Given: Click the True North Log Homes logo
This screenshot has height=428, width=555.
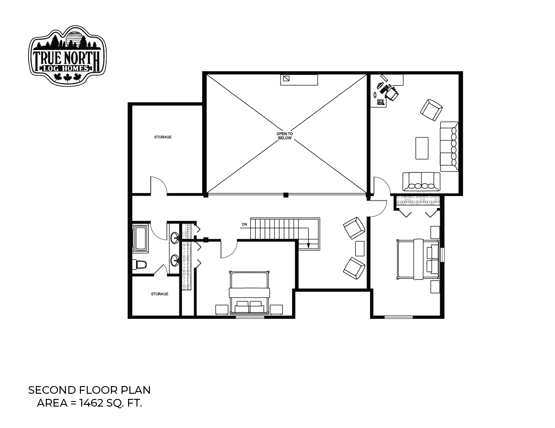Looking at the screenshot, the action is [x=67, y=56].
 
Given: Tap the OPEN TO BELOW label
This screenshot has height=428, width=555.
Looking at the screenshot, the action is [x=284, y=136].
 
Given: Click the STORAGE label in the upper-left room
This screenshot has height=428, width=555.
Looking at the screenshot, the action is [x=163, y=137].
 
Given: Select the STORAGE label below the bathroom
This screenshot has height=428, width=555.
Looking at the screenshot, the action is [x=159, y=294].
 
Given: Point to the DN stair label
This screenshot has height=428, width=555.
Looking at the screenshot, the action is [x=244, y=225].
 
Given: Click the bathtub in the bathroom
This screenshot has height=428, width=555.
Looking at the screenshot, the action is [x=140, y=238].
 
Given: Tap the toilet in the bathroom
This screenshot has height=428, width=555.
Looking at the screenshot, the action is [x=140, y=265].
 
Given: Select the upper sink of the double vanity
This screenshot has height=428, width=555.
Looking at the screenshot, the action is [x=175, y=238].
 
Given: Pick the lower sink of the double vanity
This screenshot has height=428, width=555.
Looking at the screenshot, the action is [x=175, y=261].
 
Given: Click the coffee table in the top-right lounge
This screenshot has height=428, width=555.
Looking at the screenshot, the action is [x=422, y=148].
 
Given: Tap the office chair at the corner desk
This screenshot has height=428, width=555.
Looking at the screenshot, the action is [x=391, y=94].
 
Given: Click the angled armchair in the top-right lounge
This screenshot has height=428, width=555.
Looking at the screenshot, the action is [x=431, y=110].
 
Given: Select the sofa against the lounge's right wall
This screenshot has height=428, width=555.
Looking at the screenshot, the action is [x=449, y=146].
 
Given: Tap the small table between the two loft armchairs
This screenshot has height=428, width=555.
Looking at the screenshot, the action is [x=360, y=248].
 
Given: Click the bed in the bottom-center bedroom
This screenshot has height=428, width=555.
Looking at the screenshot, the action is [x=249, y=292].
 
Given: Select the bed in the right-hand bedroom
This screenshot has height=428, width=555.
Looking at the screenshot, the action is [x=418, y=259].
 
